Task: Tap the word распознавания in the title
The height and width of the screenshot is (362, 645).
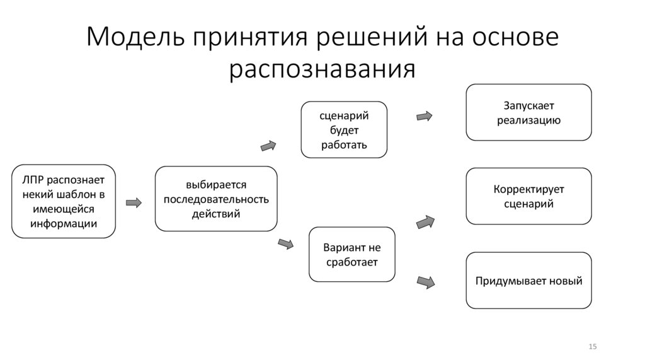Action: [x=322, y=68]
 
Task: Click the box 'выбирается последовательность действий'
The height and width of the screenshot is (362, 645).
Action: [x=216, y=199]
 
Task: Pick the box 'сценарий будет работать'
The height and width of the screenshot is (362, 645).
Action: [x=343, y=129]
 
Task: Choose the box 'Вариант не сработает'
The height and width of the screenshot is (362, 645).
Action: [x=351, y=254]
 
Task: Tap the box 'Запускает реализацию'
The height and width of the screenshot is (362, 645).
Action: [x=528, y=112]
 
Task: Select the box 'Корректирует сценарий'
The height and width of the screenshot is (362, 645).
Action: [x=528, y=196]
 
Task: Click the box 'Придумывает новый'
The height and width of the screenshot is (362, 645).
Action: [x=528, y=281]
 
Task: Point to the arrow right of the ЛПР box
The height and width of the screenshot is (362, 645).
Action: [x=134, y=202]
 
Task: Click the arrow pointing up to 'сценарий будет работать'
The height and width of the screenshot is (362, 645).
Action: [x=269, y=146]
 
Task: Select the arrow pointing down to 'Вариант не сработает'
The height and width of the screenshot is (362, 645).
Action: [x=286, y=243]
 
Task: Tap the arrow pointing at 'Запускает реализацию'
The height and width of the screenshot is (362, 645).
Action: [x=425, y=116]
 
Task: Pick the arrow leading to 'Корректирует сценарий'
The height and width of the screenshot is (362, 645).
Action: [x=426, y=222]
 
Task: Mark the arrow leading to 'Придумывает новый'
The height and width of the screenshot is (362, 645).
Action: [x=426, y=282]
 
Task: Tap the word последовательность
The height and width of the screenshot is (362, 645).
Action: [x=216, y=199]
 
